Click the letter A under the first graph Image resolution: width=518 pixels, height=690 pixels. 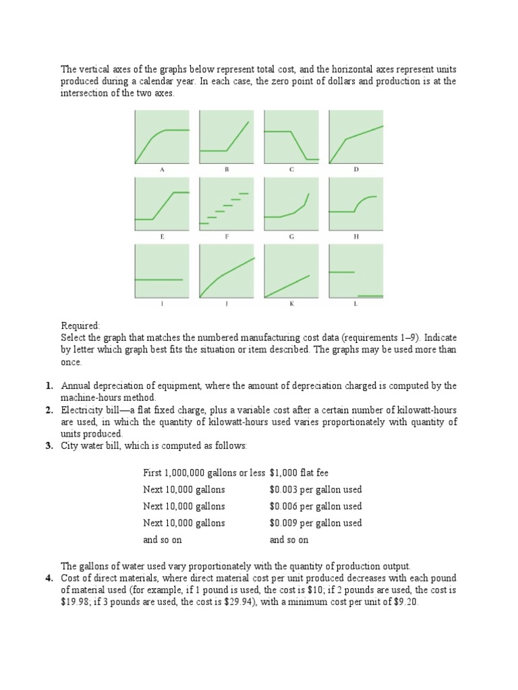(162, 170)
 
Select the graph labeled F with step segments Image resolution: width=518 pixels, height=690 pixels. (227, 204)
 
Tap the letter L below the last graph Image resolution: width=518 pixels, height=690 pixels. (355, 304)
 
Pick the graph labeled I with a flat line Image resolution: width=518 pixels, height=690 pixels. (162, 272)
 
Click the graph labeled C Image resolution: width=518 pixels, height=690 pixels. (291, 137)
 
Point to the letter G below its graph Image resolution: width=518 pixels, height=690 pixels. (291, 237)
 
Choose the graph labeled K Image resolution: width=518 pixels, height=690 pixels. (291, 272)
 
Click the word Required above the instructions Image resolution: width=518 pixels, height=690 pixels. (80, 325)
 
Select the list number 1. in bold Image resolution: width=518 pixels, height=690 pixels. (50, 386)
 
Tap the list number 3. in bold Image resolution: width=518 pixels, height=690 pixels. (50, 446)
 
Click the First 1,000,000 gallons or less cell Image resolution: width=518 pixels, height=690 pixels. (204, 472)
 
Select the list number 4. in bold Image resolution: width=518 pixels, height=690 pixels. (50, 579)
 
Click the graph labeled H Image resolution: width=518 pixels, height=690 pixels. (355, 204)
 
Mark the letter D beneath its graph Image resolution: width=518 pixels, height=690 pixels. (355, 170)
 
